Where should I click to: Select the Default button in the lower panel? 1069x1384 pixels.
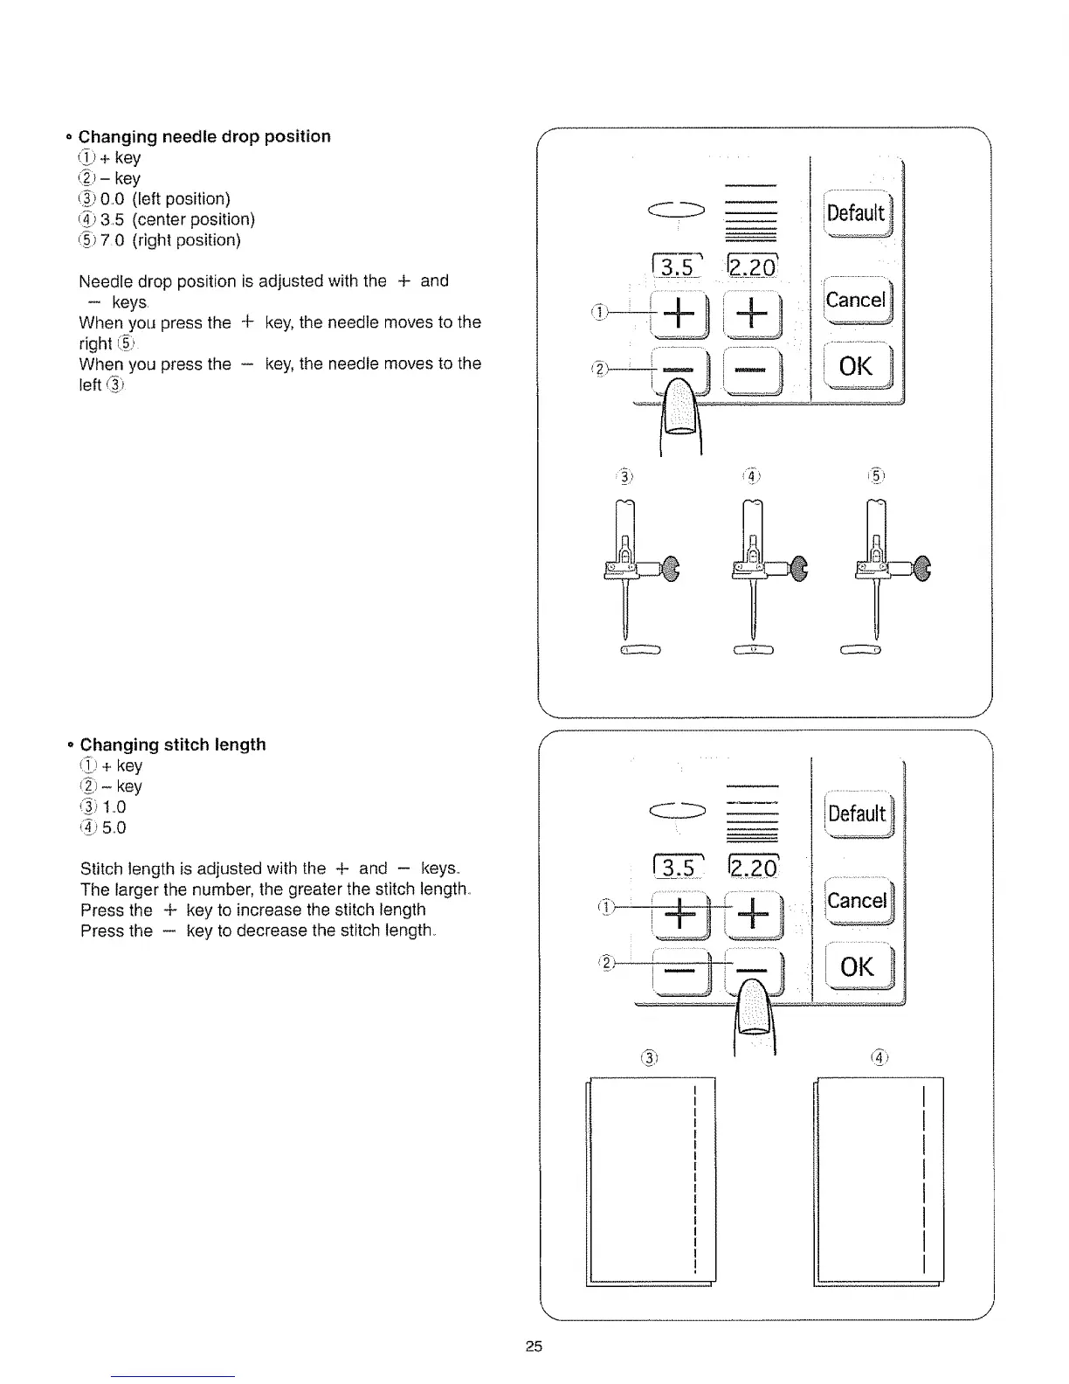[857, 814]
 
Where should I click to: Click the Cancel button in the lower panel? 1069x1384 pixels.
[857, 901]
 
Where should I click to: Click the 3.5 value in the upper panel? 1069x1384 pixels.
[676, 266]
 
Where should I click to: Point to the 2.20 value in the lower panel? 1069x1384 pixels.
[751, 867]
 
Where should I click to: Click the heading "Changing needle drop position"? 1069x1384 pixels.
[204, 136]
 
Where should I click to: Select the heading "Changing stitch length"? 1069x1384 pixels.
[173, 744]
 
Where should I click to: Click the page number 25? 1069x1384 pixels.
[534, 1346]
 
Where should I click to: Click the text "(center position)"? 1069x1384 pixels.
[193, 219]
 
